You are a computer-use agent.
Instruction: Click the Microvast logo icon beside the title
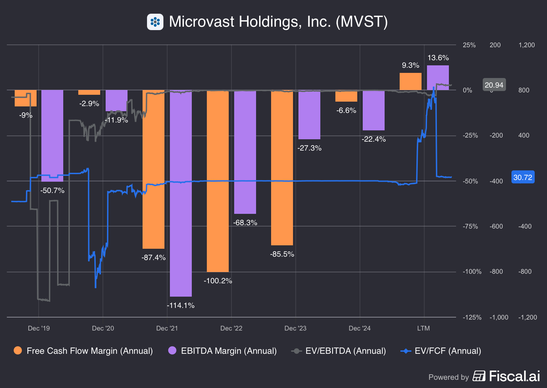pyautogui.click(x=155, y=22)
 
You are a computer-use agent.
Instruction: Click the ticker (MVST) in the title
pyautogui.click(x=362, y=22)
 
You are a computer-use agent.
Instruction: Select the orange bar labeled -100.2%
pyautogui.click(x=217, y=181)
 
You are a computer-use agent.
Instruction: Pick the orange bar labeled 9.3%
pyautogui.click(x=410, y=82)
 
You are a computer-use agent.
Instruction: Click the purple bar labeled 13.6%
pyautogui.click(x=438, y=78)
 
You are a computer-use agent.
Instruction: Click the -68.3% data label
pyautogui.click(x=245, y=223)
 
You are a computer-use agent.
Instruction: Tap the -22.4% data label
pyautogui.click(x=374, y=139)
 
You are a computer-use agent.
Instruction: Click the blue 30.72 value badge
pyautogui.click(x=522, y=177)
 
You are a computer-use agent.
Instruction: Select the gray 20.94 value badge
pyautogui.click(x=494, y=85)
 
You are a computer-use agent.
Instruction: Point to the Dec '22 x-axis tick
pyautogui.click(x=231, y=328)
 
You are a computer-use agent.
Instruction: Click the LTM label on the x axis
pyautogui.click(x=423, y=328)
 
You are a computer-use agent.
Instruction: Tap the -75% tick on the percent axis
pyautogui.click(x=470, y=227)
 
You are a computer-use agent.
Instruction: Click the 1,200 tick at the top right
pyautogui.click(x=526, y=45)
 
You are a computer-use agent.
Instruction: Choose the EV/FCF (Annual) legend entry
pyautogui.click(x=441, y=351)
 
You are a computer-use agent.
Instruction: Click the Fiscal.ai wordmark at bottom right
pyautogui.click(x=514, y=376)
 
